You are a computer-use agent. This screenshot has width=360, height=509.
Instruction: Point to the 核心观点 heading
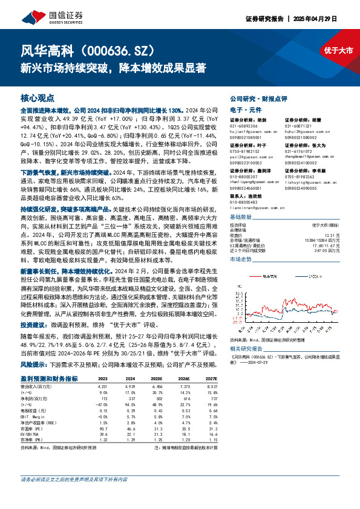click(x=38, y=97)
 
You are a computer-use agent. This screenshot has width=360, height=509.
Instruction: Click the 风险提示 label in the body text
click(x=34, y=365)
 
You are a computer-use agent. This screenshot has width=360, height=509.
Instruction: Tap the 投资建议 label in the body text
click(x=34, y=325)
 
